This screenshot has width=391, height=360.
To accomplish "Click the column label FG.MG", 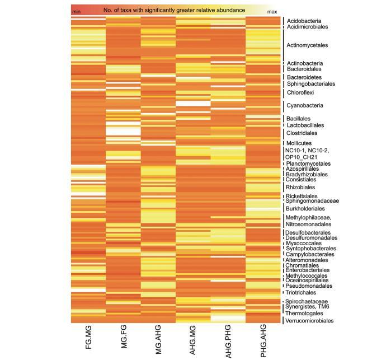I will (x=88, y=339).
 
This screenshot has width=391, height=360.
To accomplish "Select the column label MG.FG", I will (x=124, y=339).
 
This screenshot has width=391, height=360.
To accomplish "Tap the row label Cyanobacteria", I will (x=304, y=105).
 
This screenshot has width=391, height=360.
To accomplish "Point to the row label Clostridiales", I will (x=302, y=133).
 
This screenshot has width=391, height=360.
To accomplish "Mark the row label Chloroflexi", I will (x=300, y=92).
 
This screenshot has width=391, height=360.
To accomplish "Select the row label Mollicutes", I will (x=299, y=143).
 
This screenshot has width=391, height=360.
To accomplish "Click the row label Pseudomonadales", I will (x=307, y=286).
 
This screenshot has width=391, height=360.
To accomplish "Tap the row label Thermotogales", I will (x=304, y=314).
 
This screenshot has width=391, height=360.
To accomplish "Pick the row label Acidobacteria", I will (x=304, y=21).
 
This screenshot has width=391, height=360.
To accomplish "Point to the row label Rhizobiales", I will (x=300, y=187).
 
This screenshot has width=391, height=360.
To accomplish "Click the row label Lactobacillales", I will (x=305, y=125).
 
